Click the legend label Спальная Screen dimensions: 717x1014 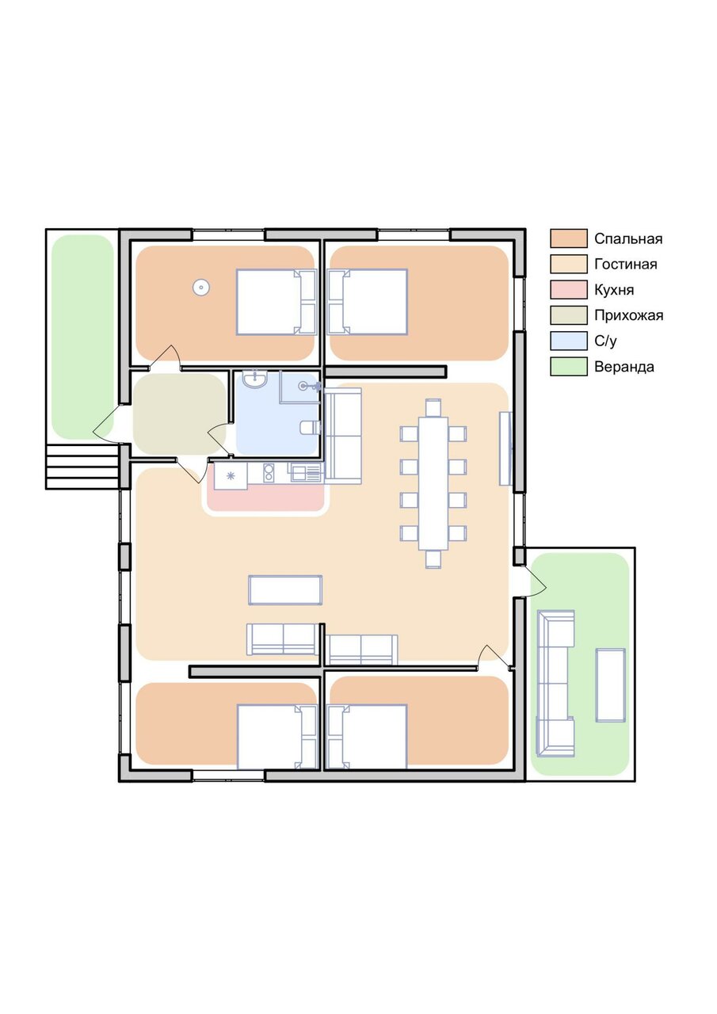click(627, 238)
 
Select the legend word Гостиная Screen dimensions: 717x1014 click(625, 264)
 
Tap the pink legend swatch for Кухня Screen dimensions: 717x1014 click(569, 289)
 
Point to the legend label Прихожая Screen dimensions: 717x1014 click(628, 315)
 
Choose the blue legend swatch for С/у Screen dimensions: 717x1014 click(569, 341)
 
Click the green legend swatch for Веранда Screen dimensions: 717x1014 click(569, 366)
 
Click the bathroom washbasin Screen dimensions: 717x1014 click(255, 379)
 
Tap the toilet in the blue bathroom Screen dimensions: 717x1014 click(311, 427)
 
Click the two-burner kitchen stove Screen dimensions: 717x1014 click(269, 473)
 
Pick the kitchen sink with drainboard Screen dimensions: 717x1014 click(306, 473)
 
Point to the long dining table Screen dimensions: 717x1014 click(433, 483)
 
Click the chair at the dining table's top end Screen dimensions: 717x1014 click(433, 407)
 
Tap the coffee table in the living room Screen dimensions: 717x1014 click(285, 590)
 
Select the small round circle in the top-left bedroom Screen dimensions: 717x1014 click(200, 287)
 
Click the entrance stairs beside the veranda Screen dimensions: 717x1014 click(82, 466)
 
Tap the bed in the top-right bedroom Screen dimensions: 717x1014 click(368, 302)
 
